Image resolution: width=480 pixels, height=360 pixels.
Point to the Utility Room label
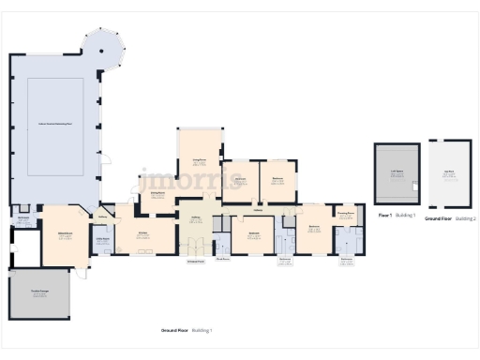[x=104, y=240]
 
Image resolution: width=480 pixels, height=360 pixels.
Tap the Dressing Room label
[x=346, y=213]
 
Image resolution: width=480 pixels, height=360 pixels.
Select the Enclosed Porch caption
[x=195, y=262]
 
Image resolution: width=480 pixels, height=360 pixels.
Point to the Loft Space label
[x=397, y=172]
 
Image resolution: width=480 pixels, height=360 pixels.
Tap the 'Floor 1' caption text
[x=383, y=216]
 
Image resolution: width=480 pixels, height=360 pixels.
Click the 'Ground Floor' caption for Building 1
[x=173, y=331]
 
